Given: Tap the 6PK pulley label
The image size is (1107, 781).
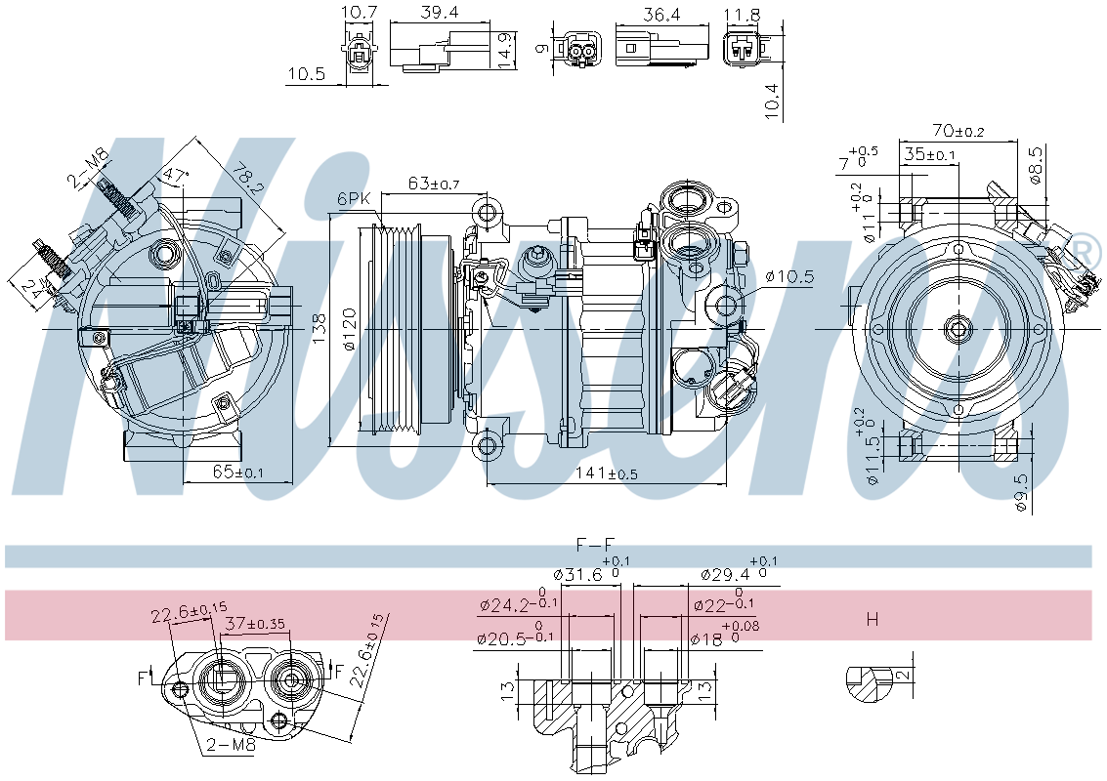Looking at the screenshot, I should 354,197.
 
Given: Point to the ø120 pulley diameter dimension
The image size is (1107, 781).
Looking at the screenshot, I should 350,332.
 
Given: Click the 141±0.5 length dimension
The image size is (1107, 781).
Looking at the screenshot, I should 606,473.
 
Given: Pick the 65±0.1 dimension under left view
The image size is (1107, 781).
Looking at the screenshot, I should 237,473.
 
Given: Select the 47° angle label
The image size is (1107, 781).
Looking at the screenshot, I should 175,176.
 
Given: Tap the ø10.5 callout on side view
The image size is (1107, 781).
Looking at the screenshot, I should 788,276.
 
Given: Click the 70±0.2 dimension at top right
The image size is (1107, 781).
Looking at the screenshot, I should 958,130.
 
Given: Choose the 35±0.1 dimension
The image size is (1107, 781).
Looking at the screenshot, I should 929,154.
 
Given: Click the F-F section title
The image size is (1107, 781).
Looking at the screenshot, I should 596,544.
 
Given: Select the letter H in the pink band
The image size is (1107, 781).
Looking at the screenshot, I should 873,619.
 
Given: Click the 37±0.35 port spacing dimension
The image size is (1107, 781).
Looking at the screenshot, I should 258,623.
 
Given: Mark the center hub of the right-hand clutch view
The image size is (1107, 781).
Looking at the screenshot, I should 958,329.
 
